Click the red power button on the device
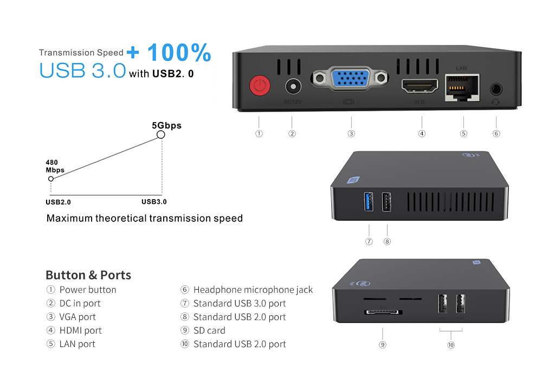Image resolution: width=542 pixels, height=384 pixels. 260,86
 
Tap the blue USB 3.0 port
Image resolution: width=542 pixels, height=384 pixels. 370,202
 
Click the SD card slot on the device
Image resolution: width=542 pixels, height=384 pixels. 383,312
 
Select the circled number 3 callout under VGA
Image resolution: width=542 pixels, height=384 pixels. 351,133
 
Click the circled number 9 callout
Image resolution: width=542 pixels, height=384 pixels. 383,344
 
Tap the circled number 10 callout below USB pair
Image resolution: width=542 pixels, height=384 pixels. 451,344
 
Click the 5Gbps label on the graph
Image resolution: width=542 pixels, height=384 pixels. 166,125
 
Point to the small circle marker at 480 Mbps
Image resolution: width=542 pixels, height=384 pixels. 51,178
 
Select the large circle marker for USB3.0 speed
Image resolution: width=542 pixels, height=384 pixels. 160,135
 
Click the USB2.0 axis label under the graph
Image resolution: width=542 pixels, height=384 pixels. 58,202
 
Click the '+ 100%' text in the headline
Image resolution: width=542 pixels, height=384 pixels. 170,53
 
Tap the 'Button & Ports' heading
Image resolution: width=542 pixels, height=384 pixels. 88,274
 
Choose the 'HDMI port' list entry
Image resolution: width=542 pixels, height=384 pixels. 80,330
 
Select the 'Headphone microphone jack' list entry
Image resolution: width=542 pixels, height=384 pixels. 253,290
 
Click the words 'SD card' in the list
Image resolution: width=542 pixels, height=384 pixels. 209,330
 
